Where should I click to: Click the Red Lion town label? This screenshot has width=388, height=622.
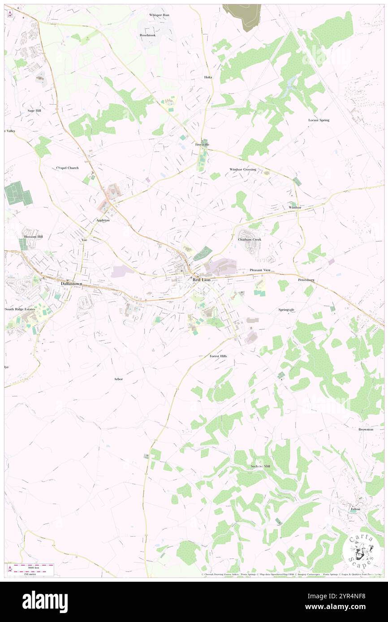[x=201, y=280]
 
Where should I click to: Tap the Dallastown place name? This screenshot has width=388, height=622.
[x=71, y=284]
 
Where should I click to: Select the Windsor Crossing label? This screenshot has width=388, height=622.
[x=243, y=170]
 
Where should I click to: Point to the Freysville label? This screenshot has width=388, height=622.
[x=202, y=145]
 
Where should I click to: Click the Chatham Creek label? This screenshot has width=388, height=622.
[x=250, y=239]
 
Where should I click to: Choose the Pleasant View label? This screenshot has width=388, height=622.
[x=260, y=270]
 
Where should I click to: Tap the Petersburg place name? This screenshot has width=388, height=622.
[x=306, y=280]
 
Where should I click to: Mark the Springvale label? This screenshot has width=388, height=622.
[x=286, y=310]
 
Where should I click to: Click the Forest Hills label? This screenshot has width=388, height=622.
[x=218, y=356]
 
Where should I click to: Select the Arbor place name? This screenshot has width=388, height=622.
[x=118, y=379]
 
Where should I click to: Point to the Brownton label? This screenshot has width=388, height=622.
[x=366, y=429]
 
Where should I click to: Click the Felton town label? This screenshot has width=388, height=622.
[x=355, y=509]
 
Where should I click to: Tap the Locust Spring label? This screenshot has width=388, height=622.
[x=319, y=120]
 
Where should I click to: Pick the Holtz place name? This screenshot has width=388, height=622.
[x=208, y=77]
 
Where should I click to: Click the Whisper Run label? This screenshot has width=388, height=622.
[x=159, y=15]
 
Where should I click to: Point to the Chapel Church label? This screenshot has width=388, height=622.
[x=67, y=168]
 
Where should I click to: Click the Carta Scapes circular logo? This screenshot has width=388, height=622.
[x=361, y=550]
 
